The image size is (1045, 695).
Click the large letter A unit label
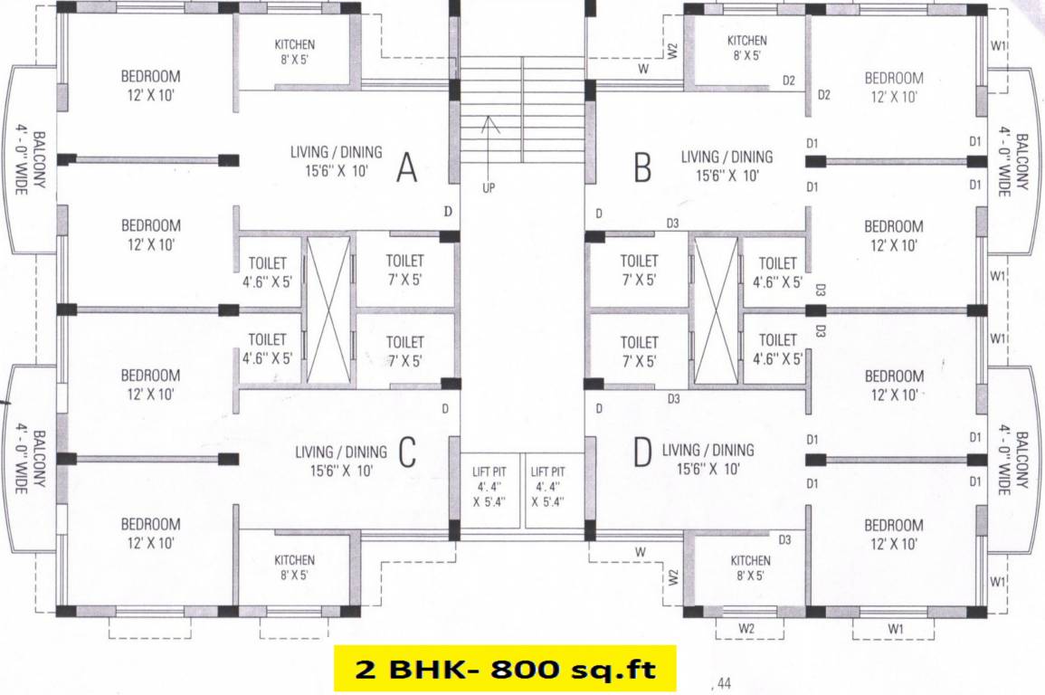pyautogui.click(x=407, y=167)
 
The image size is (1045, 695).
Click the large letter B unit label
pyautogui.click(x=642, y=167)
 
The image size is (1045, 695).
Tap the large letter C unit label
pyautogui.click(x=406, y=452)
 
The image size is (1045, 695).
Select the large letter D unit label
pyautogui.click(x=642, y=452)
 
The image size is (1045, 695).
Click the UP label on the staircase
pyautogui.click(x=489, y=189)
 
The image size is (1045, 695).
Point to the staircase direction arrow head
pyautogui.click(x=489, y=120)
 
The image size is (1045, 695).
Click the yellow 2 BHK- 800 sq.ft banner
pyautogui.click(x=505, y=669)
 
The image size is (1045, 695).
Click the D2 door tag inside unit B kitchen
pyautogui.click(x=789, y=81)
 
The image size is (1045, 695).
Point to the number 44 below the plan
pyautogui.click(x=723, y=684)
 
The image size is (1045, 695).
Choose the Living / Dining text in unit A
pyautogui.click(x=336, y=152)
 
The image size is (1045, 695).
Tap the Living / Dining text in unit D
pyautogui.click(x=708, y=450)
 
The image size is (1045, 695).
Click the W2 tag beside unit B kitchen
pyautogui.click(x=673, y=51)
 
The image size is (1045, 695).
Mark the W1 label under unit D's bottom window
pyautogui.click(x=896, y=628)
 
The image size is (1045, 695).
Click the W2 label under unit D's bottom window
pyautogui.click(x=746, y=628)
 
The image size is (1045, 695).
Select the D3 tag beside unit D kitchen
pyautogui.click(x=784, y=540)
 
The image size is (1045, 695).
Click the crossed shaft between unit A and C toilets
pyautogui.click(x=328, y=308)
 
